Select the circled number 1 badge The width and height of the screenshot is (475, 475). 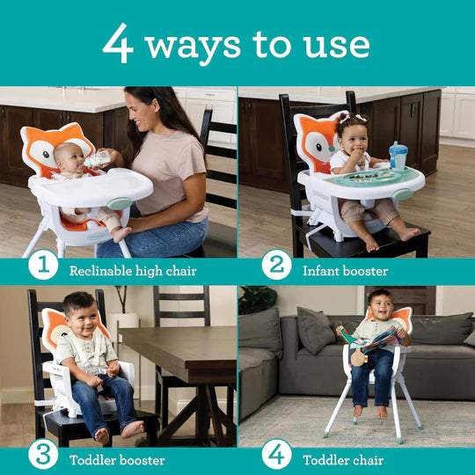(42, 264)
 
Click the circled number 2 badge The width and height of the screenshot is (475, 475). (276, 264)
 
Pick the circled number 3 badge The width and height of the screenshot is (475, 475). (42, 454)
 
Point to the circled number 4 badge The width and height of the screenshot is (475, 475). (276, 454)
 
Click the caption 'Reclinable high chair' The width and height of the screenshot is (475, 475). (133, 271)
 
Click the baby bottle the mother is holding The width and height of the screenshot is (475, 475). (99, 159)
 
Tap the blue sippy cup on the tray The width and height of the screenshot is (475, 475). (398, 156)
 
